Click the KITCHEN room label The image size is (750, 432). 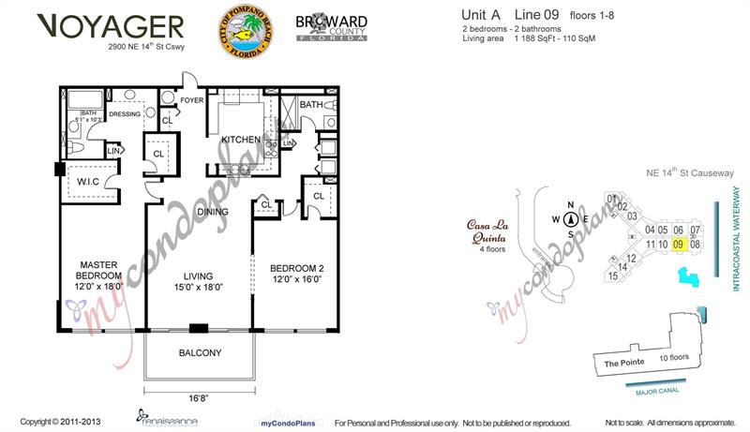point(240,140)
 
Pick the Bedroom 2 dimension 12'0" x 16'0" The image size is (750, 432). point(295,279)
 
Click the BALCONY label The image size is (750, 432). point(199,353)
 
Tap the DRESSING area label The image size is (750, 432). point(124,114)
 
